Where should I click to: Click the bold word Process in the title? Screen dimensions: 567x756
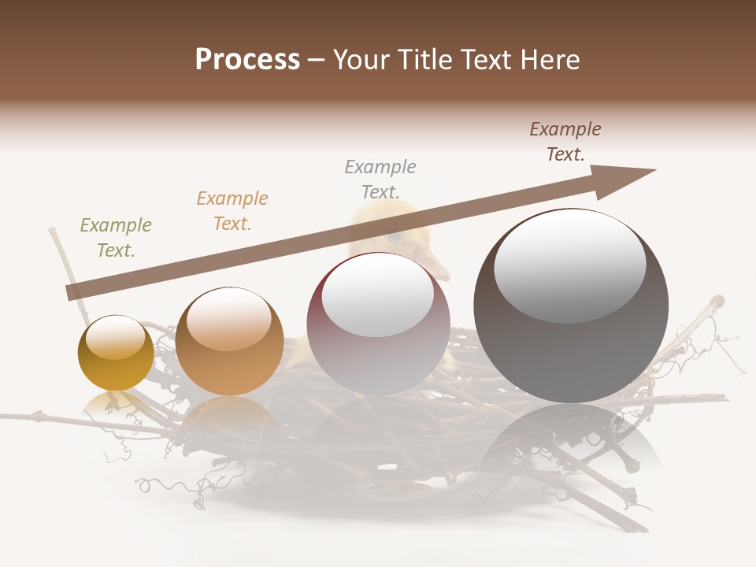[x=247, y=60]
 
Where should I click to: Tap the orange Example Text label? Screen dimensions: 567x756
[x=232, y=211]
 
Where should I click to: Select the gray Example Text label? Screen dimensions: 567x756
[x=380, y=179]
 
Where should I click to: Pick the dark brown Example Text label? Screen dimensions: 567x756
[x=565, y=142]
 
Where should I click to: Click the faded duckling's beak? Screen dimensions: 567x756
[x=435, y=265]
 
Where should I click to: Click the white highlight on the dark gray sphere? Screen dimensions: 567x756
[x=569, y=265]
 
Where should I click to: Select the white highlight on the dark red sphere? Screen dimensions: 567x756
[x=378, y=295]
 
